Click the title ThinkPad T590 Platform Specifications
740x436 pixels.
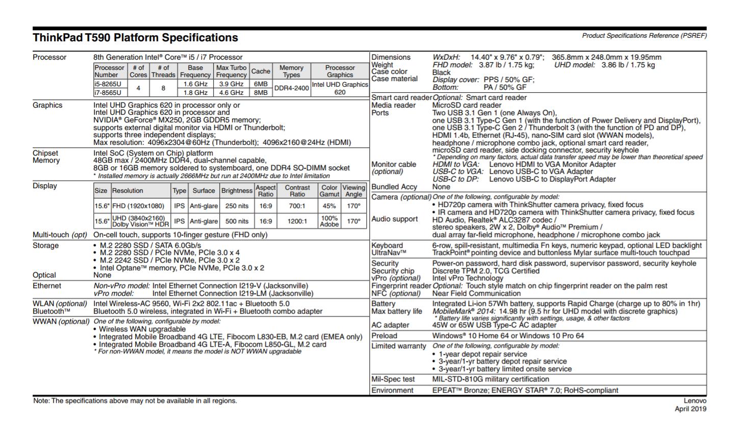(x=135, y=38)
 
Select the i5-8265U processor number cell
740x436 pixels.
(x=108, y=84)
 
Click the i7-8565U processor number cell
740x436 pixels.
(x=108, y=93)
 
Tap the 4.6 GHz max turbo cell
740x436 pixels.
(x=231, y=93)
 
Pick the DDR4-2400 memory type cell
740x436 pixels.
(x=291, y=88)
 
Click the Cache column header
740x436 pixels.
(x=261, y=71)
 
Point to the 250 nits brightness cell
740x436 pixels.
(x=237, y=206)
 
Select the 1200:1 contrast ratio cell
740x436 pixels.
(x=297, y=221)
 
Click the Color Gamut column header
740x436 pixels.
(x=329, y=191)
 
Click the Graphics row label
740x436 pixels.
(x=47, y=105)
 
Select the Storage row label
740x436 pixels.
(x=45, y=245)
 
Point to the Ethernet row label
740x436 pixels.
(x=47, y=286)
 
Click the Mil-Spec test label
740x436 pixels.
(x=393, y=379)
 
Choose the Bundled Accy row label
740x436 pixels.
(x=394, y=187)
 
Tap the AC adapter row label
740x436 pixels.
(x=390, y=325)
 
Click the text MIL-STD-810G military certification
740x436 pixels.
(x=491, y=379)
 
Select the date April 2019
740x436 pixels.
(x=691, y=409)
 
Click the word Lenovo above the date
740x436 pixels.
(x=695, y=401)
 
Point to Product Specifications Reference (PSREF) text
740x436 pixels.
(x=644, y=36)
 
